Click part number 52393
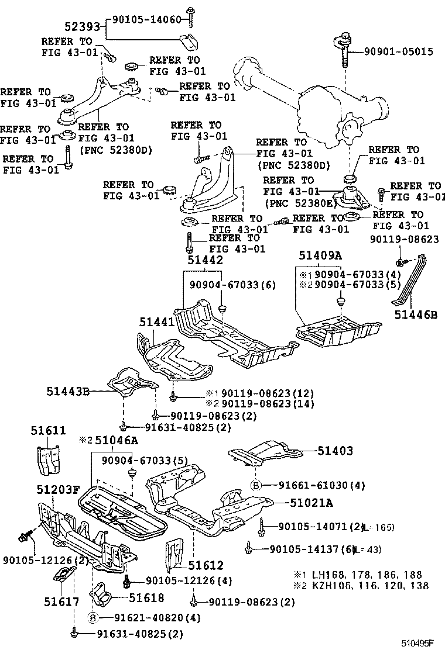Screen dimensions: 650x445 pos(84,25)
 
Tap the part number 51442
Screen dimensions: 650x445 pos(205,261)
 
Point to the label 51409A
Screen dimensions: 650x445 pos(320,255)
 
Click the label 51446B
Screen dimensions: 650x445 pos(416,316)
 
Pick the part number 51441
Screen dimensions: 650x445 pos(156,321)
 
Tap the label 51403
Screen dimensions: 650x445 pos(336,451)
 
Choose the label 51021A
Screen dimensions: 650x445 pos(311,503)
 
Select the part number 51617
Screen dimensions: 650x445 pos(61,601)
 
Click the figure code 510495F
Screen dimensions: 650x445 pos(417,643)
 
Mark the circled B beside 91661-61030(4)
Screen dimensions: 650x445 pos(256,485)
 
